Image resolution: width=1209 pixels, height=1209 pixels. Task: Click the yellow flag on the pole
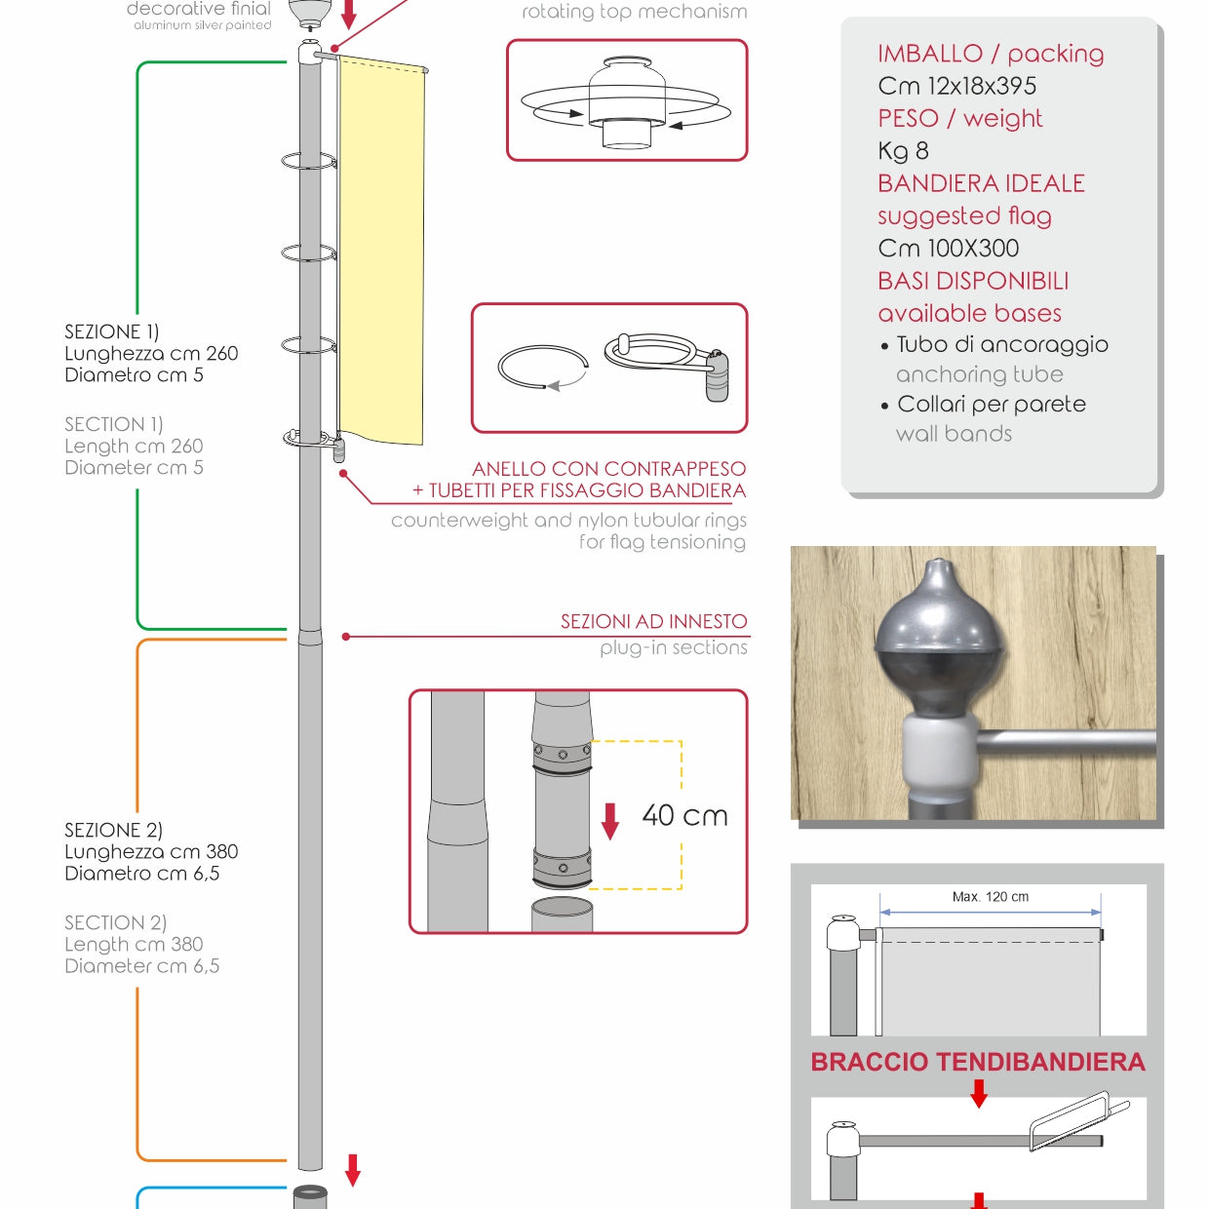[x=381, y=251]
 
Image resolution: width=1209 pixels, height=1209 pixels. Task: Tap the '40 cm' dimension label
[x=684, y=816]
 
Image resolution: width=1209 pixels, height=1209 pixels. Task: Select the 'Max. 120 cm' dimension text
[x=990, y=897]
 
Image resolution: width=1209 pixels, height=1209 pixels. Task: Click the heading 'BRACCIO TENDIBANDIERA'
[x=978, y=1062]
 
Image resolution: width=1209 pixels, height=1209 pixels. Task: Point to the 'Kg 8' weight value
[x=903, y=151]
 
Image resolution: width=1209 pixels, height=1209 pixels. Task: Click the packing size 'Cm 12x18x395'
[x=956, y=86]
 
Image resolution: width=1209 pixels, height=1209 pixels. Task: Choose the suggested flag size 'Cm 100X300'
[x=948, y=249]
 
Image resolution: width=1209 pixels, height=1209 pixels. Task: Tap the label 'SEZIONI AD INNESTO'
[x=654, y=621]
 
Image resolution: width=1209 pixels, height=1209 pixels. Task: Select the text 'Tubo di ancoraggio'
[x=1002, y=344]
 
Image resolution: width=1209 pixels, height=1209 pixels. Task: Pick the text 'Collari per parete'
[x=991, y=404]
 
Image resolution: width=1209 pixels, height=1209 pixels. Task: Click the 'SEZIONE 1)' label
[x=112, y=331]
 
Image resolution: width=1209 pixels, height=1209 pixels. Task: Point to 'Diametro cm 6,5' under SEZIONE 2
[x=141, y=874]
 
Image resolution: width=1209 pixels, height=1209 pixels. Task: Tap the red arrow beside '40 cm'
[x=609, y=821]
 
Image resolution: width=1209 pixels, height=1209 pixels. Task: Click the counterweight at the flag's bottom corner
[x=338, y=450]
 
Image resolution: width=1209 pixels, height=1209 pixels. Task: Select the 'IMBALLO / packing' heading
[x=990, y=54]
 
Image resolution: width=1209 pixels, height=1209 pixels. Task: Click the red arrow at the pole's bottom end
[x=353, y=1170]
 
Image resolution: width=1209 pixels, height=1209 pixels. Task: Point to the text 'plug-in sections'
[x=673, y=647]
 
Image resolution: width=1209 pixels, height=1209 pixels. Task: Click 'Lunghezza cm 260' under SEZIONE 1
[x=151, y=353]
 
